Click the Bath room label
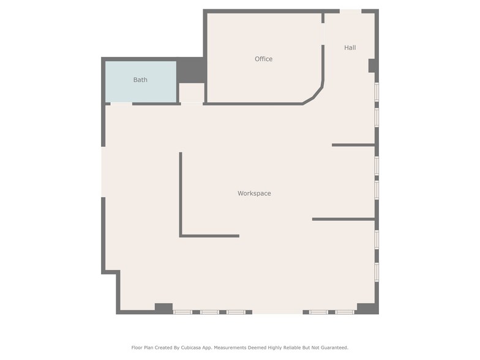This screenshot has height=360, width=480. point(140,80)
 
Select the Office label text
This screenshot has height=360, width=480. point(263,59)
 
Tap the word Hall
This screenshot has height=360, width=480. point(350,47)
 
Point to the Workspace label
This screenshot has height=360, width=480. point(254,193)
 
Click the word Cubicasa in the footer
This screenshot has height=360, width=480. point(187,347)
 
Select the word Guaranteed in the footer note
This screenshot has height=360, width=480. point(334,347)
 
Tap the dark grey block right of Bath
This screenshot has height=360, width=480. point(191,70)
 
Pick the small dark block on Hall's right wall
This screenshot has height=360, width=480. point(372,66)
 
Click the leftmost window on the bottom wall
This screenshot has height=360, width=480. point(182,312)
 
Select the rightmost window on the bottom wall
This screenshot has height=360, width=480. point(345,312)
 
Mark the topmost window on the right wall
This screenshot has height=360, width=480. point(377,91)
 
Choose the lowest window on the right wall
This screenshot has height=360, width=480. point(377,272)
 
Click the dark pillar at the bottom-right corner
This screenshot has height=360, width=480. point(366,309)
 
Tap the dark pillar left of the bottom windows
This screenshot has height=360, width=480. point(163,309)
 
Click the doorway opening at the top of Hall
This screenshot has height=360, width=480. point(350,11)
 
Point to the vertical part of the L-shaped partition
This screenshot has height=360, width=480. point(181,193)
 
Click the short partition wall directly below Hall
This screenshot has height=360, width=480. point(353,145)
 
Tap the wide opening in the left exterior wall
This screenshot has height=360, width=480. point(103,172)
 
